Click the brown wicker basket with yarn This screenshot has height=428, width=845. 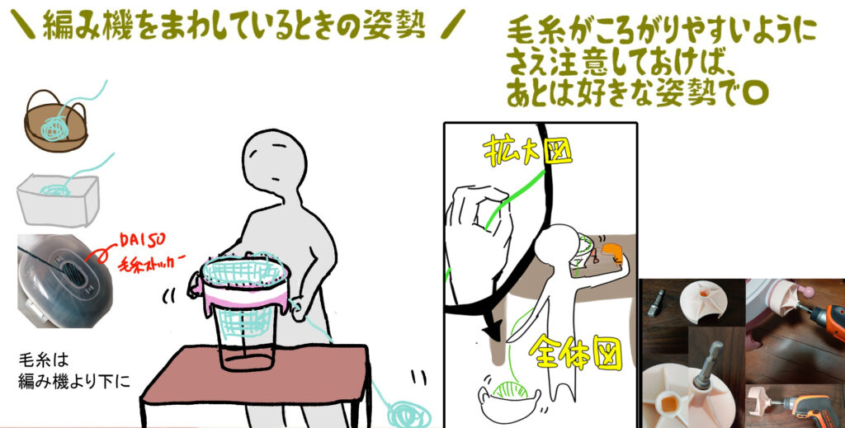(x=55, y=122)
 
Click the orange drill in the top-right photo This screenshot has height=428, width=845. (x=823, y=318)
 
